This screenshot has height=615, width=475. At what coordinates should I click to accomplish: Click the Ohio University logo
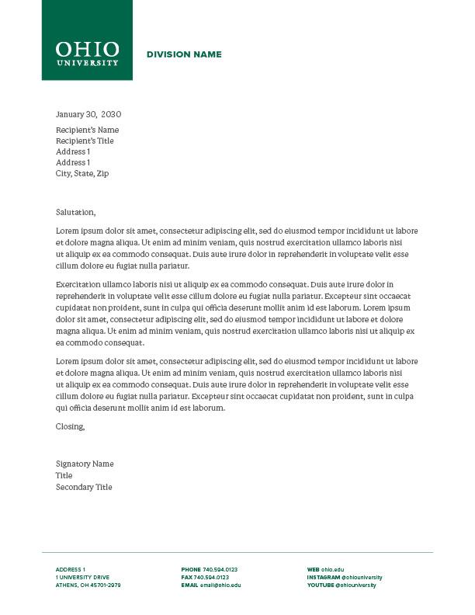[87, 53]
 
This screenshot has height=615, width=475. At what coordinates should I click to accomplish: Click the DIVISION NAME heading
[184, 54]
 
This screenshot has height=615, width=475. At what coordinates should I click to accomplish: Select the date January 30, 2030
[88, 114]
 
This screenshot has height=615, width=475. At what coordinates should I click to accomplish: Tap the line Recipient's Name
[87, 130]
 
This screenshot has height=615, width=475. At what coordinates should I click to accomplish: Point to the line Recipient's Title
[85, 141]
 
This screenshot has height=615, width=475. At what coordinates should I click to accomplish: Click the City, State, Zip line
[82, 173]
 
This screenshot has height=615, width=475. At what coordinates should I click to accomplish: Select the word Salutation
[75, 211]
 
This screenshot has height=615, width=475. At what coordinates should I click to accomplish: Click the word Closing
[70, 426]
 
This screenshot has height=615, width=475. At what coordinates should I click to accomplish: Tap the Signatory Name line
[85, 464]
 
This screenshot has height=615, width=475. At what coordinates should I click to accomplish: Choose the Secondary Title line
[84, 487]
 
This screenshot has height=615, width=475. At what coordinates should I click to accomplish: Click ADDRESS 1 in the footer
[71, 569]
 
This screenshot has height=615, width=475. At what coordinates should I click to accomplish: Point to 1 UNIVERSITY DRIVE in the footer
[82, 577]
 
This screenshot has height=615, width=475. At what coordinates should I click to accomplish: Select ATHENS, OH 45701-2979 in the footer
[88, 585]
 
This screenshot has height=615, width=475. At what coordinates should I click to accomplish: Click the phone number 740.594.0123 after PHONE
[220, 569]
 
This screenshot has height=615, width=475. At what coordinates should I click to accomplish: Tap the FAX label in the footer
[186, 577]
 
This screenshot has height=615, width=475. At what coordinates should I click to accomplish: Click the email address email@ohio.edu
[220, 585]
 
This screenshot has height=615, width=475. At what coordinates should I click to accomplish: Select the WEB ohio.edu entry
[325, 569]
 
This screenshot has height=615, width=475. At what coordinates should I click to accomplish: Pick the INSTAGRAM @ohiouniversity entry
[345, 577]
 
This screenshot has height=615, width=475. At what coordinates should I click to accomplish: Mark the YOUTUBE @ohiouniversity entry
[342, 585]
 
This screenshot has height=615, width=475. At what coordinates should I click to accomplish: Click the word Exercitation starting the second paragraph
[78, 285]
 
